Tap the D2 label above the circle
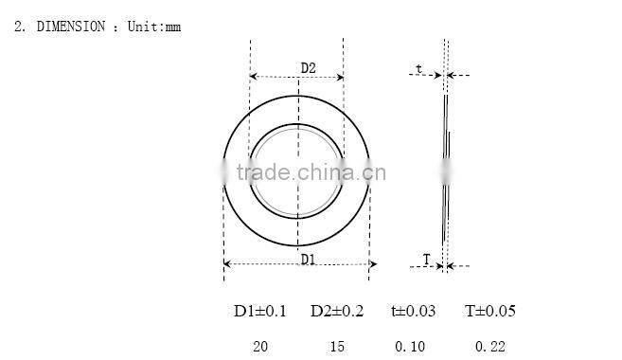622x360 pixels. click(308, 67)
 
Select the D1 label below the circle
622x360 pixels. click(308, 258)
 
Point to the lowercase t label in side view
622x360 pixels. click(418, 68)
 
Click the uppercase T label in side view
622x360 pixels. click(426, 259)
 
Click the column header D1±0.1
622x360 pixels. click(260, 311)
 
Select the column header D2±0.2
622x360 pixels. click(337, 311)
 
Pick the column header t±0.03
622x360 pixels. click(413, 311)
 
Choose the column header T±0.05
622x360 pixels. click(490, 311)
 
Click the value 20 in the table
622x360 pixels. click(260, 347)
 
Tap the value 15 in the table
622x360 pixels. click(337, 347)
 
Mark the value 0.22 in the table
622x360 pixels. click(489, 347)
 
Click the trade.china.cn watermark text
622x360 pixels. click(311, 172)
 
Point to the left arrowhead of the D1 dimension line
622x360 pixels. click(228, 264)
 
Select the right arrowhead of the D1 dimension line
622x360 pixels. click(365, 264)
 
